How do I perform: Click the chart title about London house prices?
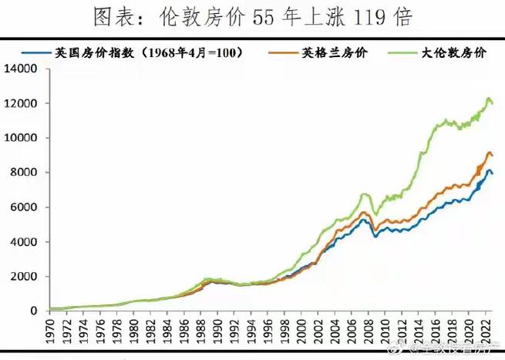[252, 16]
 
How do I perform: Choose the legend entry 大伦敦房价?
[450, 52]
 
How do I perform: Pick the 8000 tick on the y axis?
[24, 173]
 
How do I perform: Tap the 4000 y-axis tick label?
[24, 242]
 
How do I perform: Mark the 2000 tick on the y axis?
[24, 277]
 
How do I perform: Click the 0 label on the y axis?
[35, 311]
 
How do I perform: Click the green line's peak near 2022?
[488, 99]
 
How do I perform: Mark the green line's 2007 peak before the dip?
[364, 194]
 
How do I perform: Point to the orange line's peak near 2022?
[489, 153]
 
